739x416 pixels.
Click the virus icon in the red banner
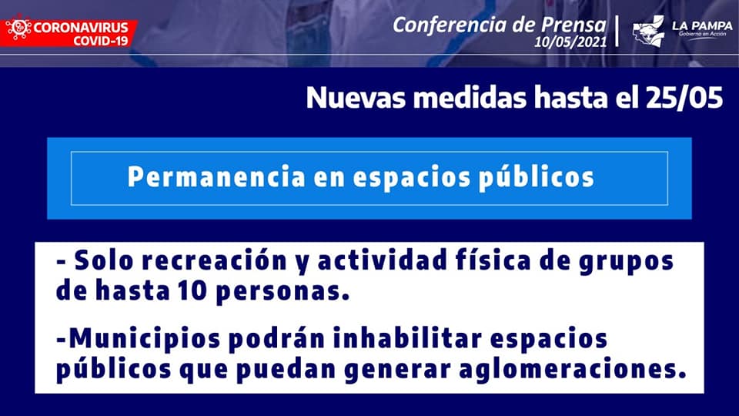pos(18,29)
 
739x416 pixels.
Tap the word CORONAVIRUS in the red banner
pos(81,28)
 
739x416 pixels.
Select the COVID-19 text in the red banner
pos(100,41)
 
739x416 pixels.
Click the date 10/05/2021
pos(570,42)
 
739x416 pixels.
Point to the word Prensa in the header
pos(573,25)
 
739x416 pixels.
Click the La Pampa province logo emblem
pos(648,32)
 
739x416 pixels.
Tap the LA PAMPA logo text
pos(702,26)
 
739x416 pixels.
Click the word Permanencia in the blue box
pos(216,177)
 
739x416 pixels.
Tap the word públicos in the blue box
pos(537,178)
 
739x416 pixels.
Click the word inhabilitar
pos(408,338)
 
